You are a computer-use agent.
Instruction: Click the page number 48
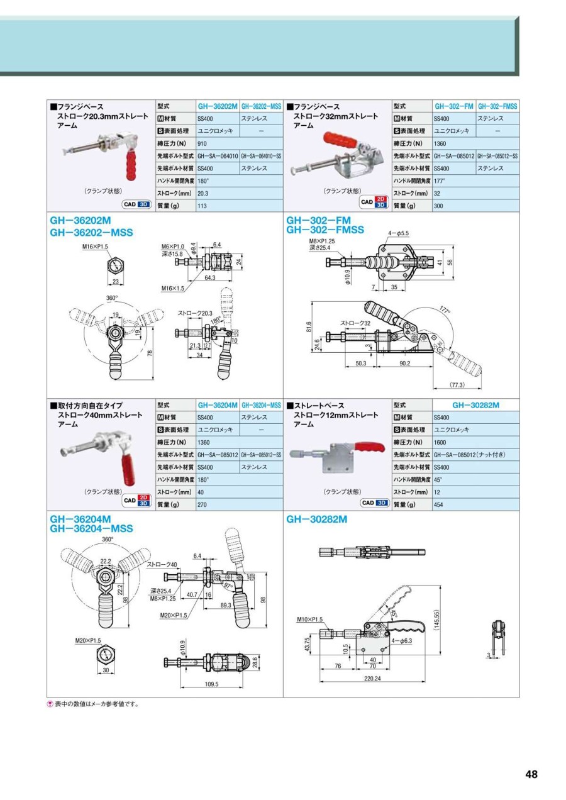(531, 774)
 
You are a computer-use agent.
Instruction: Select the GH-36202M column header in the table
(218, 106)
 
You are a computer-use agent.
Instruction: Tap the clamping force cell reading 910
(203, 143)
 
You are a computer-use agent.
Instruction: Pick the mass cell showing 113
(203, 206)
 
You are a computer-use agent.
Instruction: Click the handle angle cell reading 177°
(439, 181)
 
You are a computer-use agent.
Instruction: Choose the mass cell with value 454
(439, 504)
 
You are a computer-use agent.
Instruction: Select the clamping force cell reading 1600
(440, 442)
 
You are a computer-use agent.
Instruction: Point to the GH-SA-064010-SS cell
(261, 156)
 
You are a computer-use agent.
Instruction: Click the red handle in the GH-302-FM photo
(339, 139)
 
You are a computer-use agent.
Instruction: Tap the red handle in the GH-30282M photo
(370, 448)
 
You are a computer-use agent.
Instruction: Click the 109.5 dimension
(211, 684)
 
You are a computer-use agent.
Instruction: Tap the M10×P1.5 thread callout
(309, 619)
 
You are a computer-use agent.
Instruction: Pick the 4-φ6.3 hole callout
(401, 641)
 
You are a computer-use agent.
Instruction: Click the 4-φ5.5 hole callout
(399, 233)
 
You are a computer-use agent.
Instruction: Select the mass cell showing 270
(203, 504)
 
